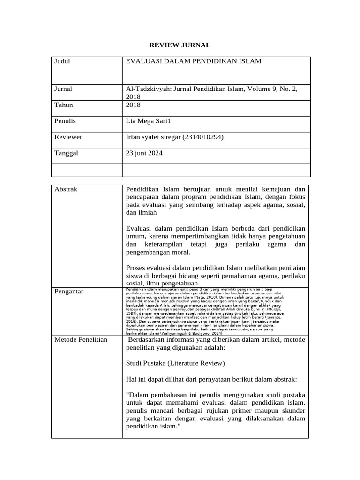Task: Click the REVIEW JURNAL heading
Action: (180, 45)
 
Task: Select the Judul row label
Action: (62, 61)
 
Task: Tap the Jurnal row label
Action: (63, 89)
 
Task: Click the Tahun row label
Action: (63, 105)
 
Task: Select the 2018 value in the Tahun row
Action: (134, 105)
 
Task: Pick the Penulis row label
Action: (65, 121)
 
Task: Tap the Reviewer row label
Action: (68, 137)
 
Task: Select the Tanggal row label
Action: (66, 153)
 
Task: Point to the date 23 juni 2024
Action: (145, 153)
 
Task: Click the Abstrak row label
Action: (66, 189)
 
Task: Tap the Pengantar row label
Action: (69, 292)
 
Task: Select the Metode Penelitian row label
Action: (81, 339)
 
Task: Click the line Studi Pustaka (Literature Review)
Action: (175, 363)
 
